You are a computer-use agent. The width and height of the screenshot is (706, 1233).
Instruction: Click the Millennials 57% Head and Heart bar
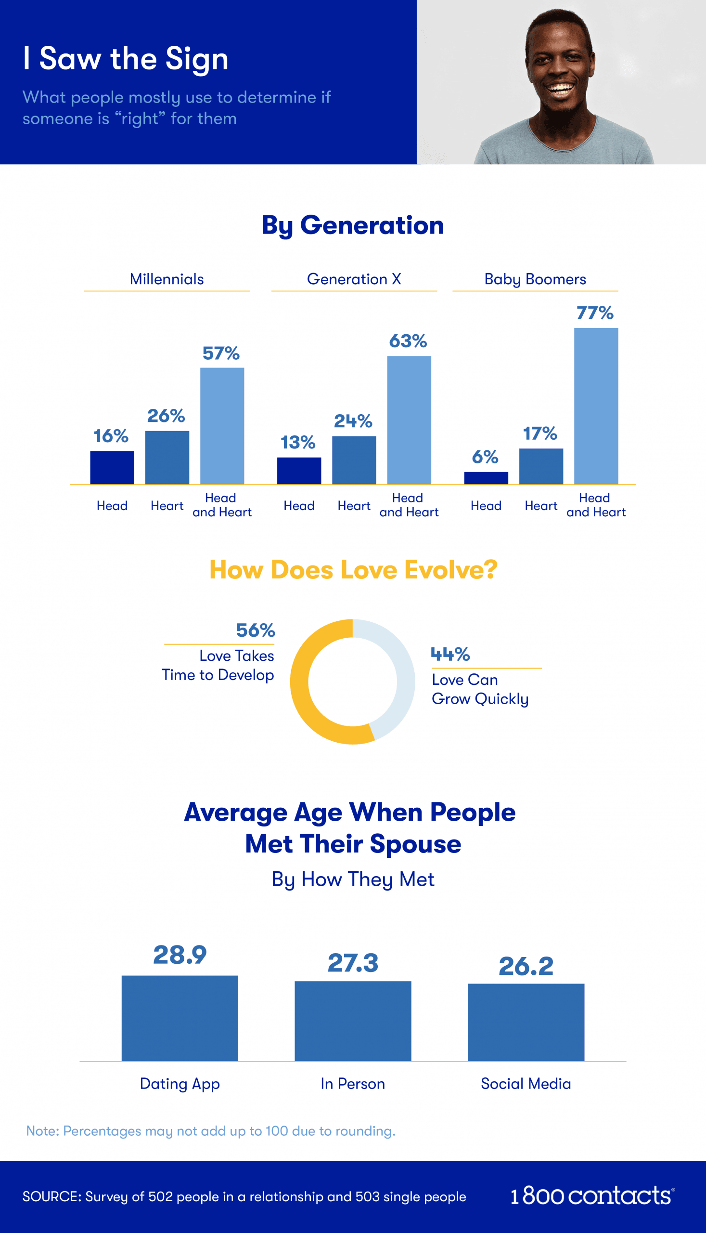point(222,426)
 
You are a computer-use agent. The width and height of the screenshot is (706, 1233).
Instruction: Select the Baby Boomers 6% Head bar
point(486,478)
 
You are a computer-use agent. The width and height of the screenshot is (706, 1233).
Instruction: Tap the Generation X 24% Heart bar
point(354,460)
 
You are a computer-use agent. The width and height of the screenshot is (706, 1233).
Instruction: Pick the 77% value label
point(595,313)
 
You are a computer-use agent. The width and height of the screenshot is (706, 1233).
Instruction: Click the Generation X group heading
point(354,279)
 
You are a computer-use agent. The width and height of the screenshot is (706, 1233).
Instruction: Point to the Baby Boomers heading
point(535,279)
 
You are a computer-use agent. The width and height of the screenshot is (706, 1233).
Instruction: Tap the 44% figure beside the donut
point(450,654)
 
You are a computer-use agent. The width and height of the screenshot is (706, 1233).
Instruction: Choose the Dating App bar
point(180,1018)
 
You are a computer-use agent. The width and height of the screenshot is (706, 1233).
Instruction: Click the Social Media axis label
point(526,1084)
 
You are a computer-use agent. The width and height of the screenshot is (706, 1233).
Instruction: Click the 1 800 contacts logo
point(591,1195)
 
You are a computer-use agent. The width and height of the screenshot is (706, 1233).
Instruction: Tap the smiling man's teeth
point(561,89)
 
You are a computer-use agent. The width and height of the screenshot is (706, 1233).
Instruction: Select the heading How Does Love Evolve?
point(353,570)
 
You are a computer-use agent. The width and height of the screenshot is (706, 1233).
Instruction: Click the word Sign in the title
point(196,59)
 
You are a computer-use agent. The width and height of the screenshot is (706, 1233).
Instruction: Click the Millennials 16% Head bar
point(112,467)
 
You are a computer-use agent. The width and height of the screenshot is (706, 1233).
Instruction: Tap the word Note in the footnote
point(42,1130)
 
